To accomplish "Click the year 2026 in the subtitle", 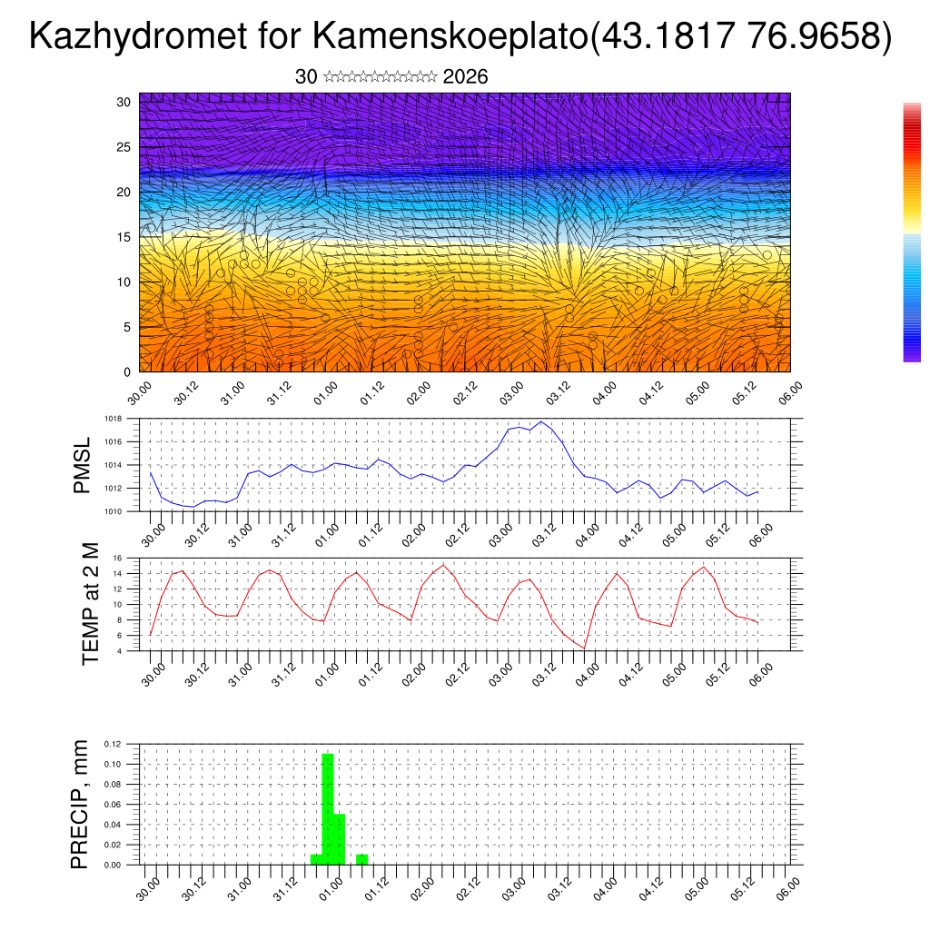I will pyautogui.click(x=465, y=77).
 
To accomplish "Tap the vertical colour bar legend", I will pyautogui.click(x=912, y=232).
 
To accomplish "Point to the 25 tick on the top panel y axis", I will pyautogui.click(x=124, y=147).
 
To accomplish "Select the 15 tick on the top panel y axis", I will pyautogui.click(x=124, y=237).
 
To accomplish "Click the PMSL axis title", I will pyautogui.click(x=82, y=465).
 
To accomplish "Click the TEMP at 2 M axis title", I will pyautogui.click(x=90, y=603).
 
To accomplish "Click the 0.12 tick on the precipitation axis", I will pyautogui.click(x=112, y=744).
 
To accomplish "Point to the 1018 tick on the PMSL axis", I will pyautogui.click(x=113, y=419).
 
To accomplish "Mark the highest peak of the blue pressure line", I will pyautogui.click(x=541, y=421).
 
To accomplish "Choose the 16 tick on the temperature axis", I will pyautogui.click(x=117, y=558).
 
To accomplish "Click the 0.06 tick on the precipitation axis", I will pyautogui.click(x=112, y=805).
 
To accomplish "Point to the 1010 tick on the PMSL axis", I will pyautogui.click(x=113, y=511).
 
